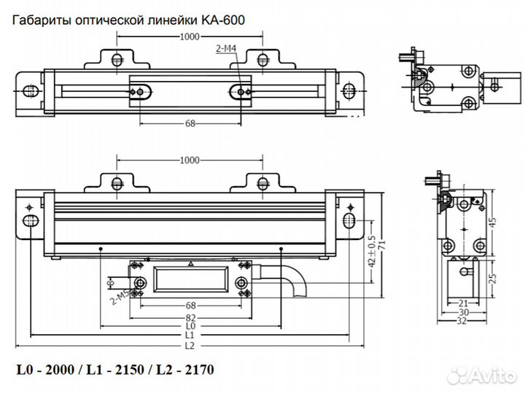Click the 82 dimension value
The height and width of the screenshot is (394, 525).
pyautogui.click(x=190, y=319)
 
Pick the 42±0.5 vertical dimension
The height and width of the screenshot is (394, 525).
pyautogui.click(x=371, y=250)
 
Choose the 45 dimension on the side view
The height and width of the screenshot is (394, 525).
pyautogui.click(x=492, y=223)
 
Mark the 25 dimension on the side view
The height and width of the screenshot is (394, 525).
pyautogui.click(x=492, y=277)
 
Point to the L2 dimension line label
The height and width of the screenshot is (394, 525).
pyautogui.click(x=190, y=344)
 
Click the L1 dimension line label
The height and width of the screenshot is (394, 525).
pyautogui.click(x=190, y=336)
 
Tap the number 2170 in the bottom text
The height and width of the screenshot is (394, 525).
pyautogui.click(x=198, y=370)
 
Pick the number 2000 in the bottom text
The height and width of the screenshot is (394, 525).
pyautogui.click(x=58, y=370)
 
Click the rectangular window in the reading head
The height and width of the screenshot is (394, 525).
pyautogui.click(x=190, y=282)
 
